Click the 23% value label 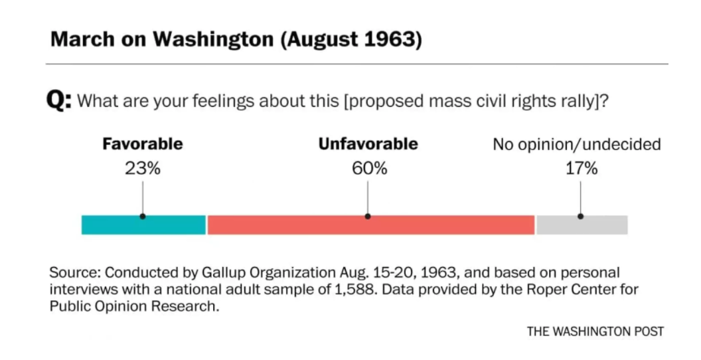(x=143, y=169)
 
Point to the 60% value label (x=368, y=169)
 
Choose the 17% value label (x=581, y=169)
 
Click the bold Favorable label (x=142, y=143)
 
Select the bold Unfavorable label (x=368, y=143)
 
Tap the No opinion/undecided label (x=576, y=144)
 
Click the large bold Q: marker (x=58, y=102)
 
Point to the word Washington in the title (x=213, y=39)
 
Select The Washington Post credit (x=595, y=331)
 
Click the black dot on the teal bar (x=143, y=216)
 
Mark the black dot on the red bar (x=368, y=216)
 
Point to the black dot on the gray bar (x=581, y=216)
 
